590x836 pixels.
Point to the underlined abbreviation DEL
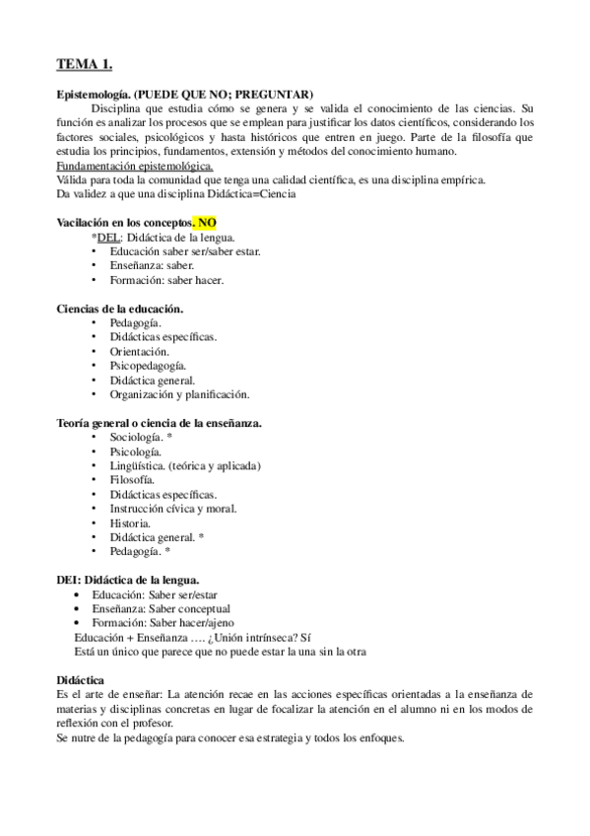[x=107, y=238]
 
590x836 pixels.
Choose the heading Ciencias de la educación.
[x=120, y=309]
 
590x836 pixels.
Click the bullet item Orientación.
[x=140, y=351]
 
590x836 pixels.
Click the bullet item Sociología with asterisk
[x=142, y=437]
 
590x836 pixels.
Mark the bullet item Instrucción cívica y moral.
[x=173, y=509]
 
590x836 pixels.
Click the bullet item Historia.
[x=131, y=522]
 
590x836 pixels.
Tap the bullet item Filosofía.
[x=135, y=480]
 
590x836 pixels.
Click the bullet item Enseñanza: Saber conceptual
[x=161, y=610]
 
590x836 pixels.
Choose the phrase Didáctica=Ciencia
[x=254, y=194]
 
